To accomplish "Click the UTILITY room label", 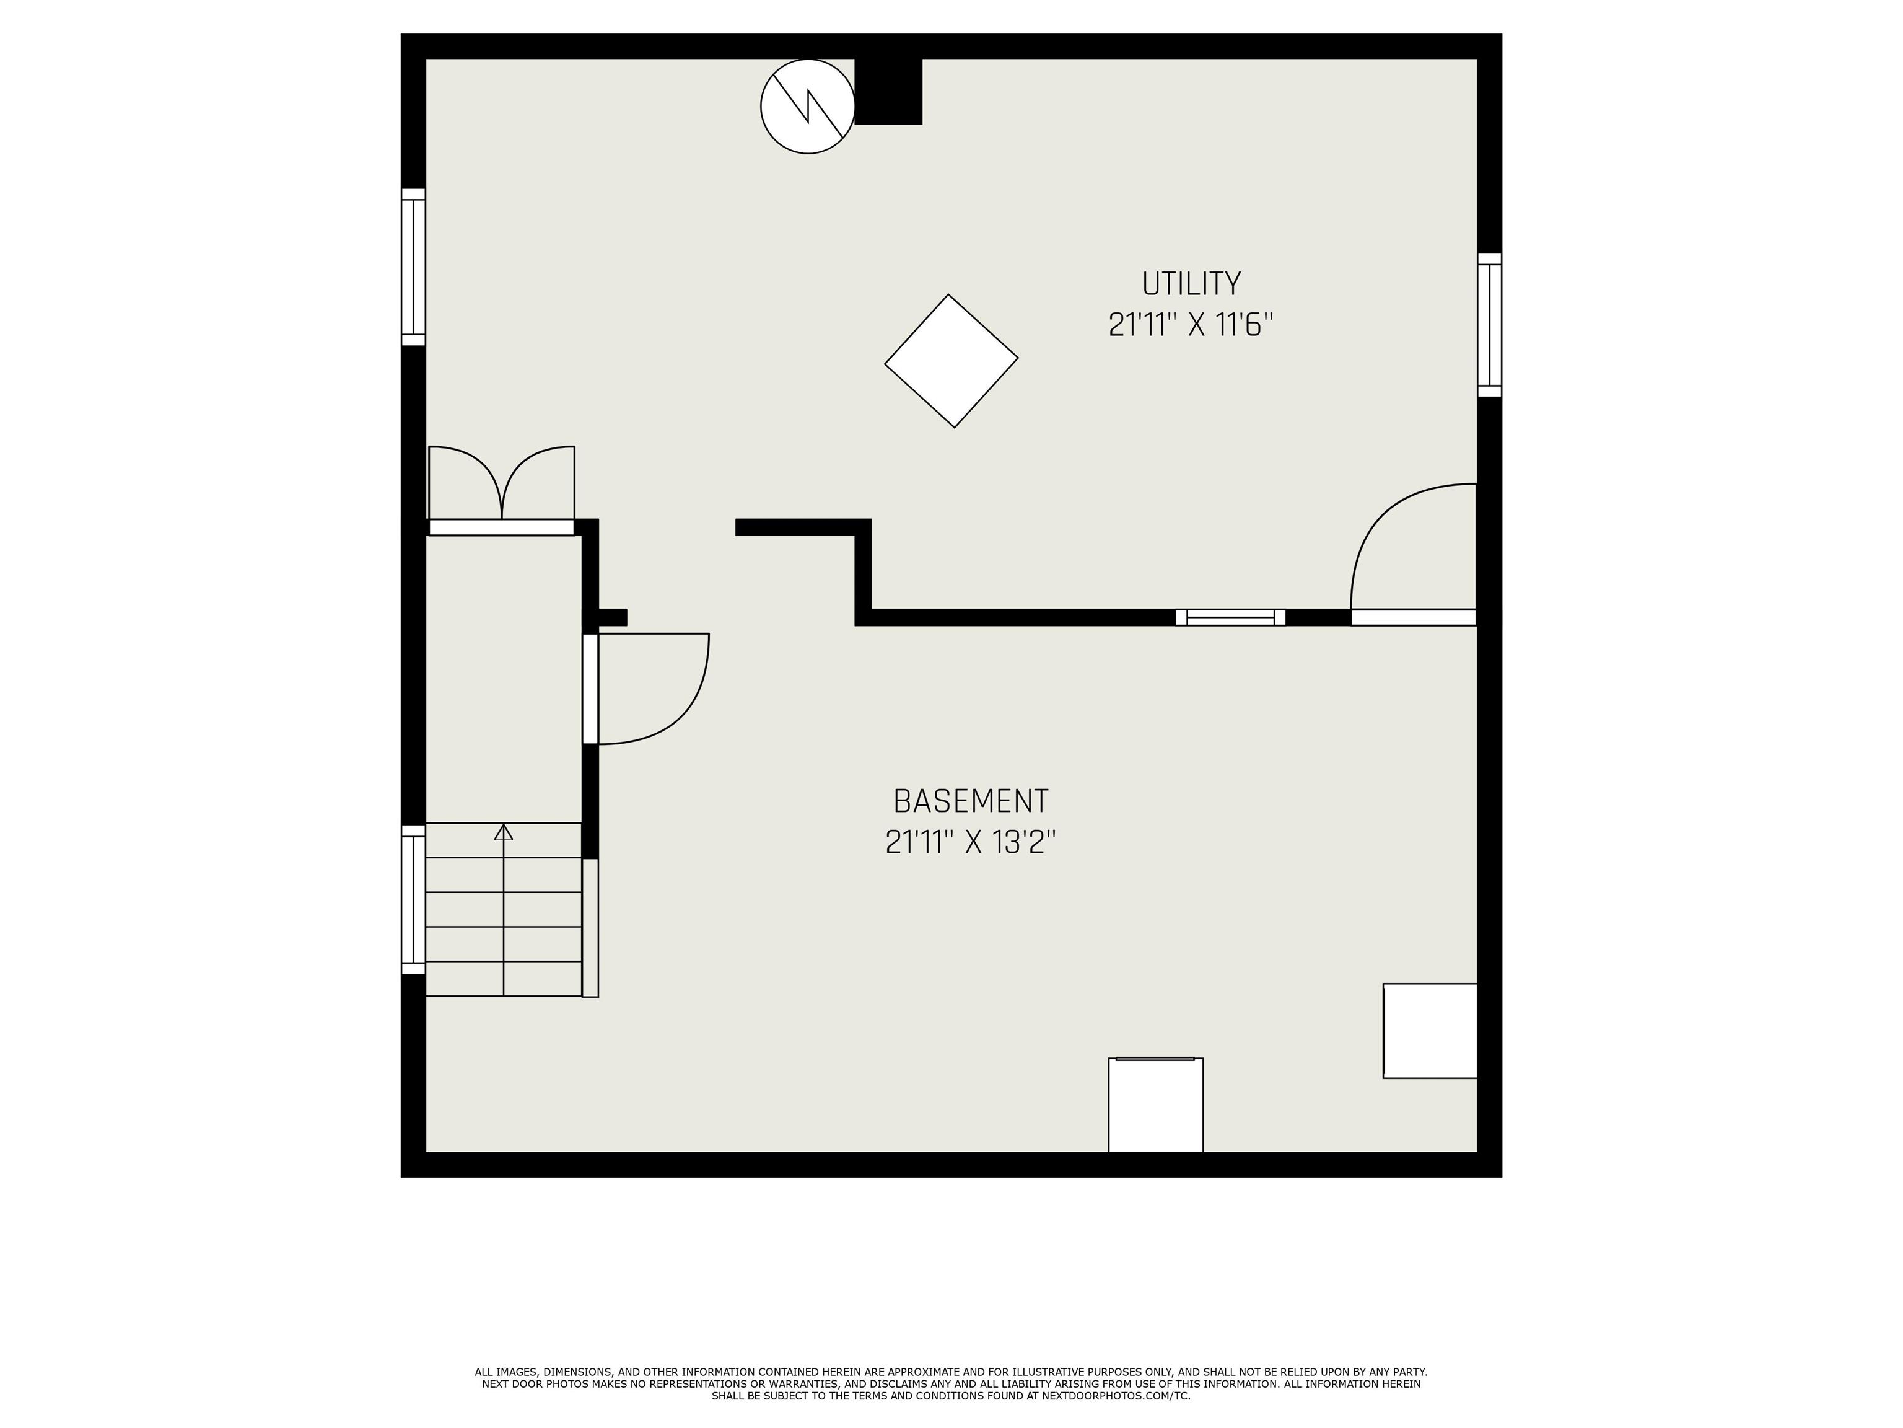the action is coord(1191,283).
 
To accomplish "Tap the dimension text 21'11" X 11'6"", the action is coord(1191,325).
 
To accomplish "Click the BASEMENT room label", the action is coord(971,801).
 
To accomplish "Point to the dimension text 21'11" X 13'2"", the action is coord(971,842).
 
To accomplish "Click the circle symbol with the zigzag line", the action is coord(808,107).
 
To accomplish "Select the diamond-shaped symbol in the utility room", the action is coord(951,361).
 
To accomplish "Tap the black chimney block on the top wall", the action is coord(888,91).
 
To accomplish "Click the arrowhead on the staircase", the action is coord(503,832).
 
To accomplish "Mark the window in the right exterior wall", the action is coord(1490,325).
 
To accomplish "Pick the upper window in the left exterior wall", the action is coord(414,267).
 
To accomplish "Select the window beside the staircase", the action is coord(414,899).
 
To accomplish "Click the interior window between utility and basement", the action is coord(1230,617).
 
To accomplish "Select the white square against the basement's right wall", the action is coord(1430,1030).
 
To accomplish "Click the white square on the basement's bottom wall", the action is coord(1155,1104).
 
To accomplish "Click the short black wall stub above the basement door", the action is coord(611,617).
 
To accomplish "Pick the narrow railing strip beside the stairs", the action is coord(590,928).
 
